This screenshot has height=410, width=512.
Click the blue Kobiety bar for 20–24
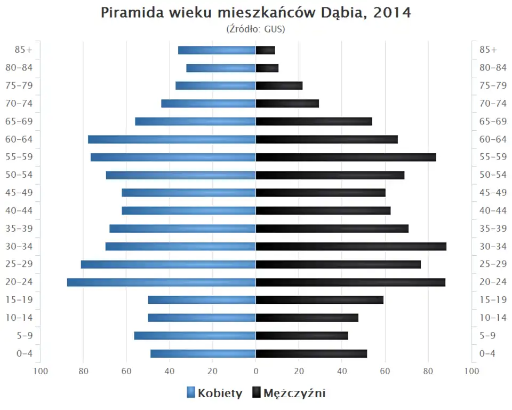pos(161,282)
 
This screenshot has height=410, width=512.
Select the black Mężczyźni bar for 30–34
pos(351,246)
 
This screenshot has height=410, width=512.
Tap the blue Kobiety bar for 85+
pos(217,50)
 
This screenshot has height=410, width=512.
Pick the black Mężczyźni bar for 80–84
pos(267,68)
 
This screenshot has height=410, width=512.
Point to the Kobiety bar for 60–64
pos(172,139)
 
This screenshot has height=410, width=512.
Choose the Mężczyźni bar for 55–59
pos(346,157)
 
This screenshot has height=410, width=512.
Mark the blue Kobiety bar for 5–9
pos(195,335)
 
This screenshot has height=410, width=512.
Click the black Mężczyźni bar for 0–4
pos(311,353)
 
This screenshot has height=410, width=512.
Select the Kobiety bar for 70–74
pos(209,104)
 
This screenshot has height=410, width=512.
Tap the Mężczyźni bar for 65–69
pos(314,121)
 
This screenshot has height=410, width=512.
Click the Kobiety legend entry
pos(214,393)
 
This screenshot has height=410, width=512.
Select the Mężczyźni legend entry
pos(289,393)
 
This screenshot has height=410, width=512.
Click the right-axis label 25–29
pos(493,264)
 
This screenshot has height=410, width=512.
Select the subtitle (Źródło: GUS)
pos(256,29)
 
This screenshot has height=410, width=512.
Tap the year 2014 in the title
pos(392,13)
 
